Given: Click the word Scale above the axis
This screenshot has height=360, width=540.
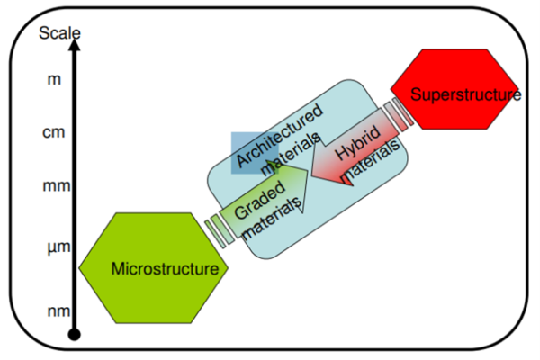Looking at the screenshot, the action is click(59, 33).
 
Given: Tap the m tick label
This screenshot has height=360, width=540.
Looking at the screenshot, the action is click(54, 79).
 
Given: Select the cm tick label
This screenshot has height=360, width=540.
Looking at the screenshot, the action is click(54, 132).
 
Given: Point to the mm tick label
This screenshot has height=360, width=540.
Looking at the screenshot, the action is click(57, 186).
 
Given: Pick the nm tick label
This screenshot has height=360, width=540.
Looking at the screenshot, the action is click(58, 311).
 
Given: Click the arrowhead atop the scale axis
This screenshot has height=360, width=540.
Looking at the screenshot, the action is click(75, 45).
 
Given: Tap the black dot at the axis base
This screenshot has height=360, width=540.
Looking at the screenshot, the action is click(75, 334).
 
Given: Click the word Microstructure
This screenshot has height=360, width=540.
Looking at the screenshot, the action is click(165, 269).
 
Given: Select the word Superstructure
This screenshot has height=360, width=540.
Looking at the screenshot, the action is click(466, 94).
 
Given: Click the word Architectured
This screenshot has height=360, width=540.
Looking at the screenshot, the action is click(280, 135).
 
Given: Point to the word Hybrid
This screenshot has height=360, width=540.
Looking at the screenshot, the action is click(358, 143).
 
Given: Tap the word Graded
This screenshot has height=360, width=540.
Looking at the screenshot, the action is click(260, 200).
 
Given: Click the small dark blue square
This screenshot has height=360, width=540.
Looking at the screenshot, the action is click(255, 153).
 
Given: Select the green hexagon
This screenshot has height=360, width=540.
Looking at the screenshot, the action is click(154, 268).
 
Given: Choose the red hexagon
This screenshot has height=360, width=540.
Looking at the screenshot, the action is click(454, 89).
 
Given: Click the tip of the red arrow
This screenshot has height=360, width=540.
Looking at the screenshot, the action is click(311, 174).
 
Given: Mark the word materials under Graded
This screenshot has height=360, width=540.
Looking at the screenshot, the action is click(271, 220).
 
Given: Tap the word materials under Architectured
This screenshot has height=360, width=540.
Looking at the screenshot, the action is click(292, 154).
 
